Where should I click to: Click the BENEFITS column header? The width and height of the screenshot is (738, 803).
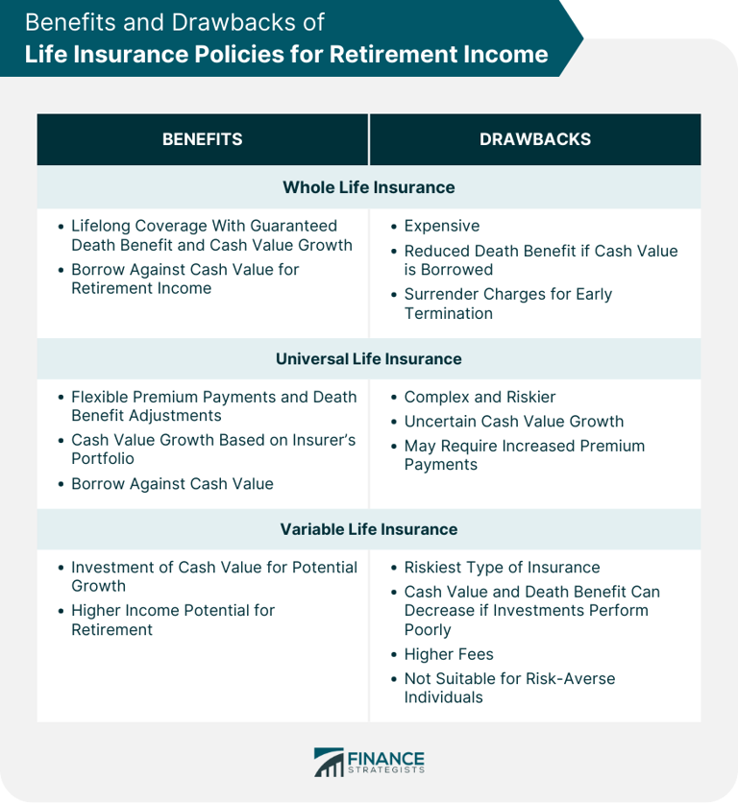(202, 139)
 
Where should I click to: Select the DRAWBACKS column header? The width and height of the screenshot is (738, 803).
(535, 139)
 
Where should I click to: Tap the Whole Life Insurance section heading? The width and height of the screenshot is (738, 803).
(369, 187)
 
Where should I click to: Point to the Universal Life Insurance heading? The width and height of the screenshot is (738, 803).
(369, 358)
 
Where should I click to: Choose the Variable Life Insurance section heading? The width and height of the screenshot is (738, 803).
(369, 529)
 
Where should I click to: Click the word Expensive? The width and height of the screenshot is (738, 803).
(441, 226)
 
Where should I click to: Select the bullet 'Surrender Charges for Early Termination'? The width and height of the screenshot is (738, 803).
(507, 304)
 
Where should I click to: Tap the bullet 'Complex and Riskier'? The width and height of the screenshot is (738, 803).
(480, 397)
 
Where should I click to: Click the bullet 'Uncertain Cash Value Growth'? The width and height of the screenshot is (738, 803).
(513, 421)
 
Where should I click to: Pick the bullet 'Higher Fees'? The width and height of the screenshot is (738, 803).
(449, 654)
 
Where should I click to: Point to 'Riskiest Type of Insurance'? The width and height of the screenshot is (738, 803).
(502, 567)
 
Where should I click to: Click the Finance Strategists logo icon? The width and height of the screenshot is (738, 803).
(329, 763)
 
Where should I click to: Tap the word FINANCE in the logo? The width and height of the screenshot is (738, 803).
(387, 758)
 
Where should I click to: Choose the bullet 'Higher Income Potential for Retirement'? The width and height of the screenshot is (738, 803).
(173, 620)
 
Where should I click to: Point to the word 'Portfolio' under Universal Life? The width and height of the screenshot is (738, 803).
(103, 458)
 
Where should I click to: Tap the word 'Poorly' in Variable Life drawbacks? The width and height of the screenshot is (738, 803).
(428, 629)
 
